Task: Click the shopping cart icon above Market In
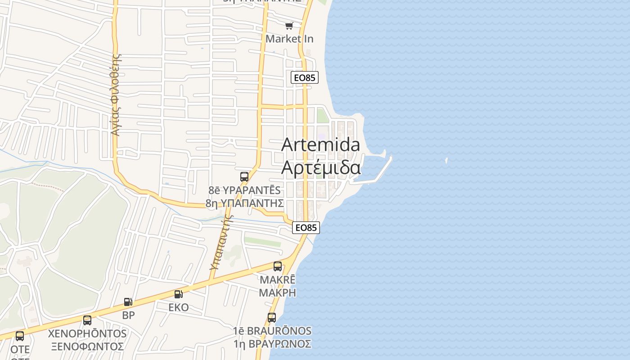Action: click(x=289, y=26)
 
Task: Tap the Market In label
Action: click(x=289, y=39)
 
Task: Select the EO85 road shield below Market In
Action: click(x=305, y=78)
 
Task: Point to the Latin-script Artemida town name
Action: click(x=320, y=145)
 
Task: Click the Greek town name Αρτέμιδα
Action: click(x=321, y=167)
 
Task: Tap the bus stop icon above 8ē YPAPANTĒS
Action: click(x=244, y=177)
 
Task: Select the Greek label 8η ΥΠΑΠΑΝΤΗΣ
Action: click(x=244, y=203)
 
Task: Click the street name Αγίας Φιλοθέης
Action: click(x=117, y=95)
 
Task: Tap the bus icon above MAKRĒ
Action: click(x=278, y=266)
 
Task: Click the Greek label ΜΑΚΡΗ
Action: click(x=278, y=292)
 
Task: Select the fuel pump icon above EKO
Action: click(x=179, y=294)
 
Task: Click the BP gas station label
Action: click(x=128, y=315)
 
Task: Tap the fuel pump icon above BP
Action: click(x=128, y=302)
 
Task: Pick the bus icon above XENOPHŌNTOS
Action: click(x=87, y=320)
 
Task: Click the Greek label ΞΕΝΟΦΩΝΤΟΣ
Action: click(x=87, y=346)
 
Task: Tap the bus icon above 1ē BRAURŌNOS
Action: click(x=272, y=318)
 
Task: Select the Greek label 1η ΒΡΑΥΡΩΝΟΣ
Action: click(x=272, y=344)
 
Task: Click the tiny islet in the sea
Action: click(x=446, y=160)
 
